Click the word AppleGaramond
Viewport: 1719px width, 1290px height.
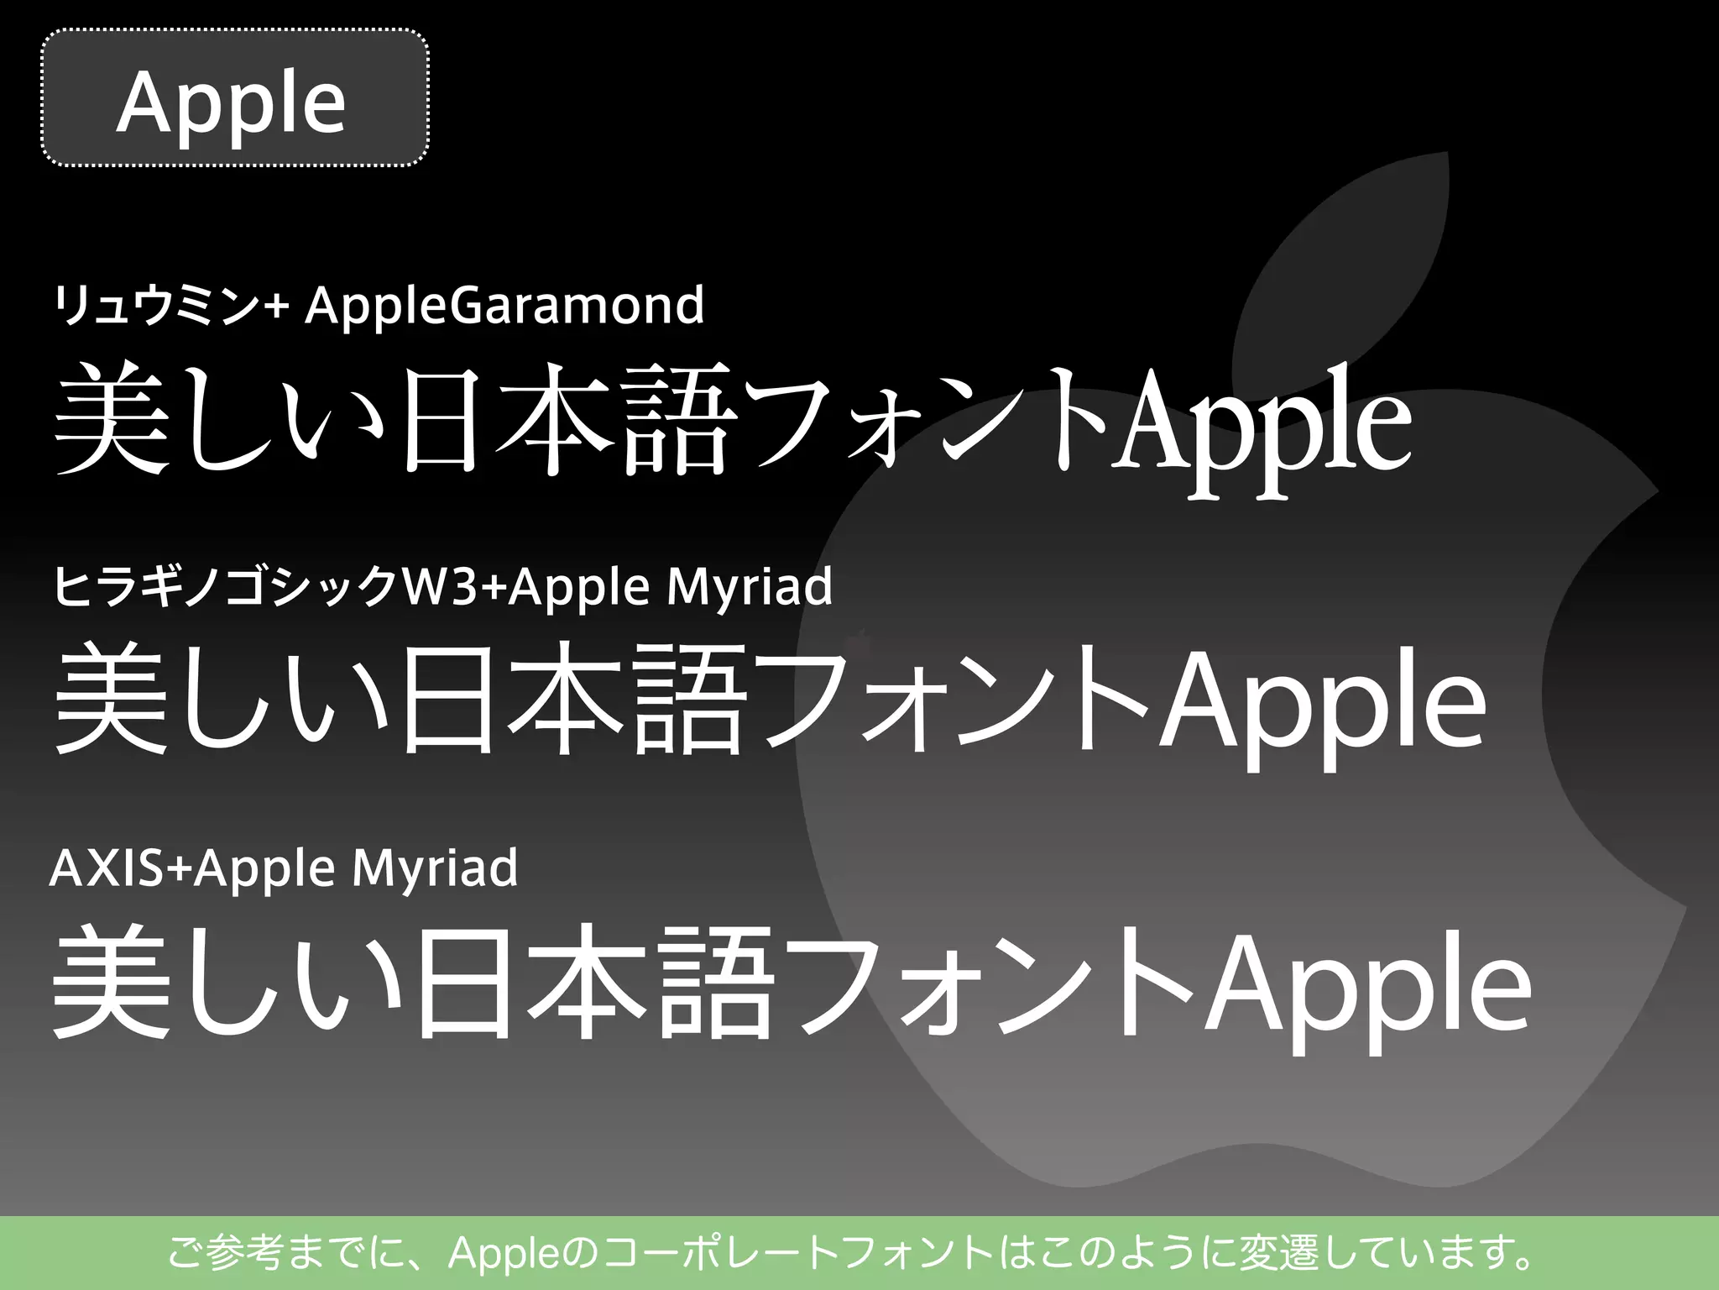pyautogui.click(x=504, y=305)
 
